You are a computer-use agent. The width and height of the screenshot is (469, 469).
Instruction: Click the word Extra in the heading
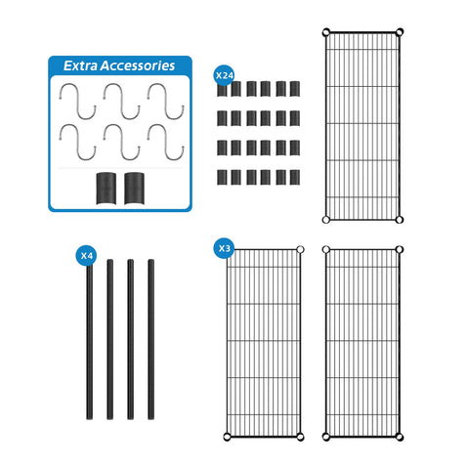pos(80,65)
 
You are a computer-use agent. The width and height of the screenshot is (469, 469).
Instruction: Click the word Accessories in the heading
pos(138,65)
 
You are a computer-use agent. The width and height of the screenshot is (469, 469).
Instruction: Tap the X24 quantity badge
pos(225,75)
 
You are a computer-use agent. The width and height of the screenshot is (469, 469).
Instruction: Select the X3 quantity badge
pos(225,248)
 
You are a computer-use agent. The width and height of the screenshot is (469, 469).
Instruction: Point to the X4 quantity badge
pos(86,256)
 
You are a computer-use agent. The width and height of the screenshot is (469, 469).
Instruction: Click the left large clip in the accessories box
pos(107,189)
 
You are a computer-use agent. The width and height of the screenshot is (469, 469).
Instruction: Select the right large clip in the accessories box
pos(134,189)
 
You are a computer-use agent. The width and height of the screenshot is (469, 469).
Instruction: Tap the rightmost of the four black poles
pos(150,339)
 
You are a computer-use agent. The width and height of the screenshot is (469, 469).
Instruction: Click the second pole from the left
pos(110,339)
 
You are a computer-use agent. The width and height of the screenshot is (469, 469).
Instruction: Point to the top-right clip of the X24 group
pos(295,89)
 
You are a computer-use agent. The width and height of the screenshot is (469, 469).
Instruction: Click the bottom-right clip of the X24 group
pos(295,177)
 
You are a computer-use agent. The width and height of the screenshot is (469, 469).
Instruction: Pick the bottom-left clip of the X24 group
pos(222,177)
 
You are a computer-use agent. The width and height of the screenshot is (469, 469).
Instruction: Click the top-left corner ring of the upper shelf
pos(326,32)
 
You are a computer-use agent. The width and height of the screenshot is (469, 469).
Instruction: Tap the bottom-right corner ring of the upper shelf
pos(400,220)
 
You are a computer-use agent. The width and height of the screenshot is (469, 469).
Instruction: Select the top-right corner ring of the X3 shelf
pos(300,250)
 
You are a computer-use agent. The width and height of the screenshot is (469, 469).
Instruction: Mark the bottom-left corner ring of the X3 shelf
pos(228,437)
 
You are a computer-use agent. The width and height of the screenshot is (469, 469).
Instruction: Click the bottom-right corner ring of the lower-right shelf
pos(400,437)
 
